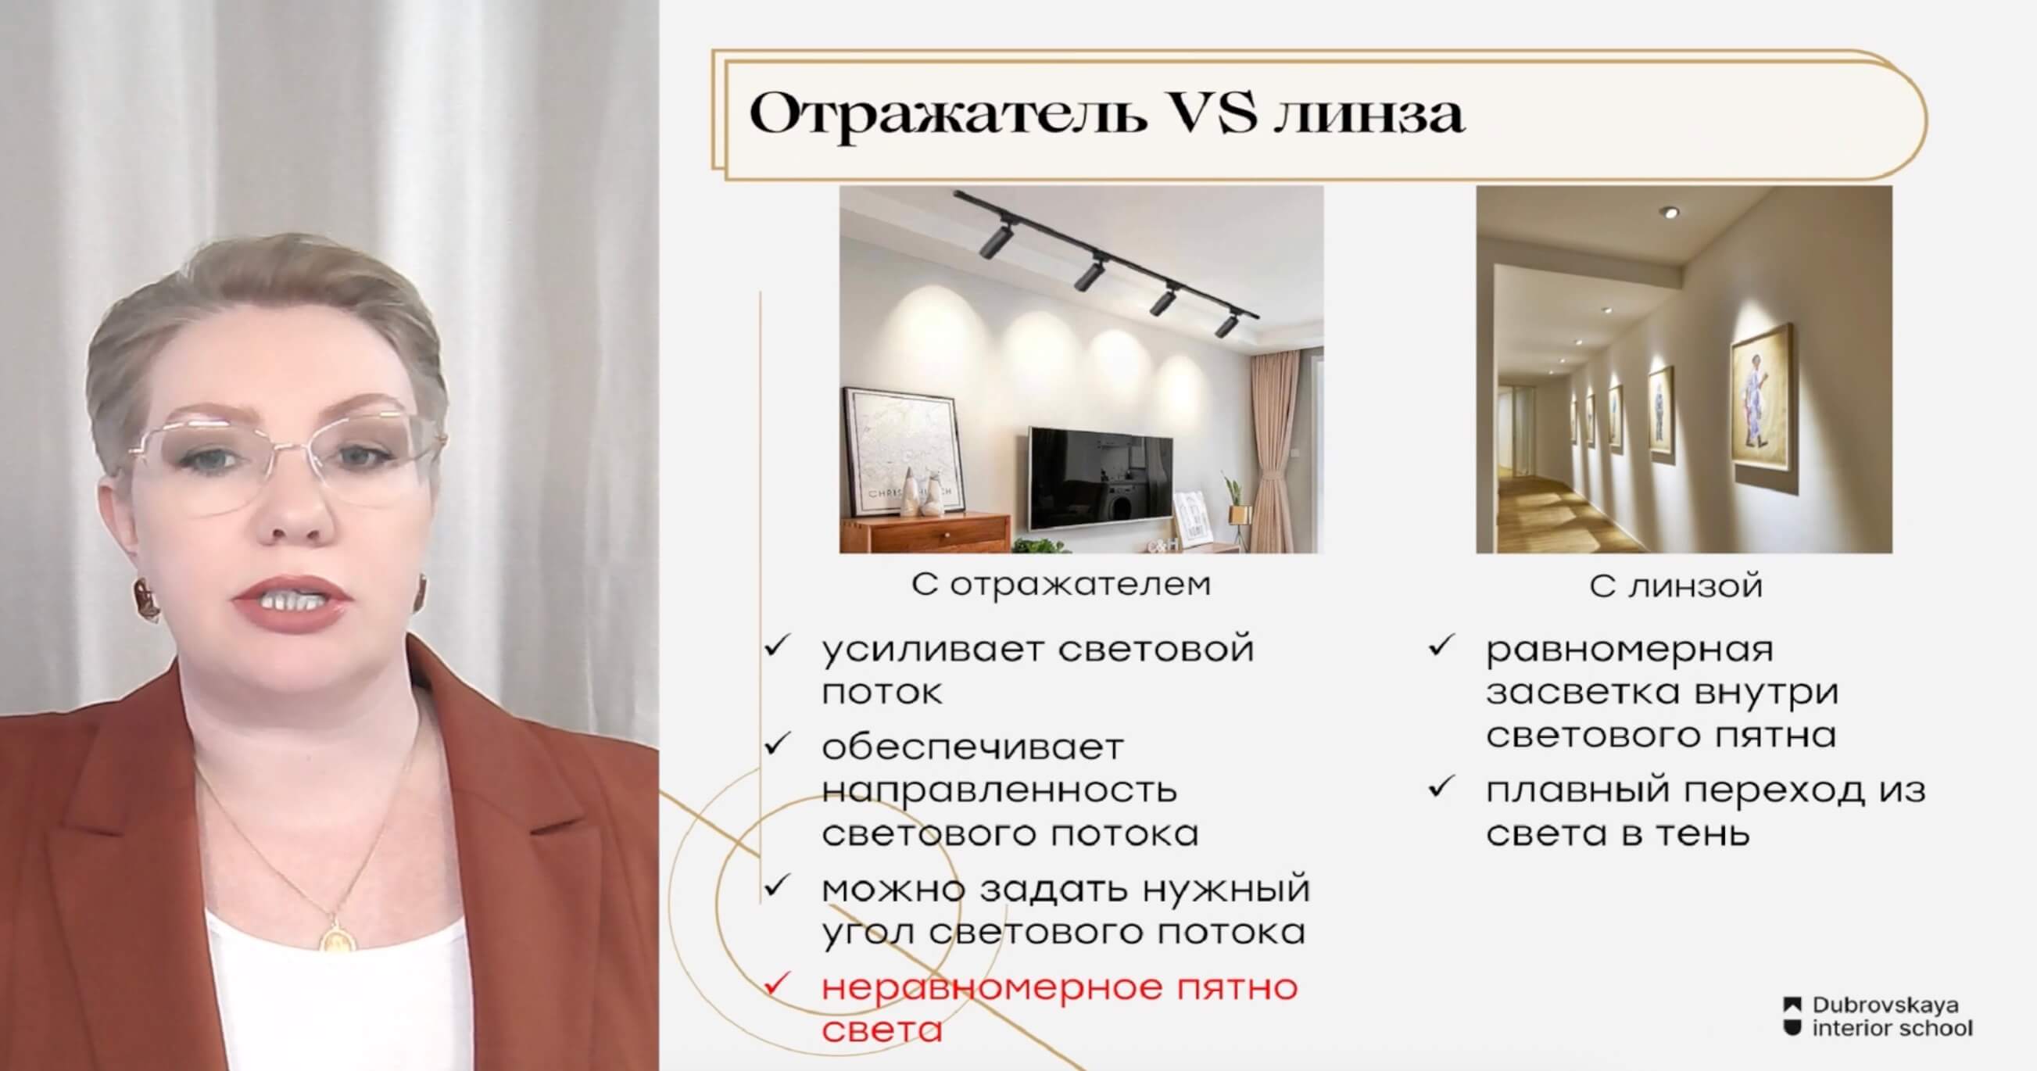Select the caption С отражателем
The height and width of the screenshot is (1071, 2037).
coord(1061,585)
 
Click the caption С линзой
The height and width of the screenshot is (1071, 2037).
coord(1676,586)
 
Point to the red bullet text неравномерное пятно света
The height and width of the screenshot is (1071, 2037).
coord(1060,1008)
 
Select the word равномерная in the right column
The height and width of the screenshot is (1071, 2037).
coord(1630,650)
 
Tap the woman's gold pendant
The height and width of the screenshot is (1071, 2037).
coord(331,934)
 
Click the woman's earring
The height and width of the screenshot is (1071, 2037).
coord(146,599)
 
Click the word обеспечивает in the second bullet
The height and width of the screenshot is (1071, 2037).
coord(972,747)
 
